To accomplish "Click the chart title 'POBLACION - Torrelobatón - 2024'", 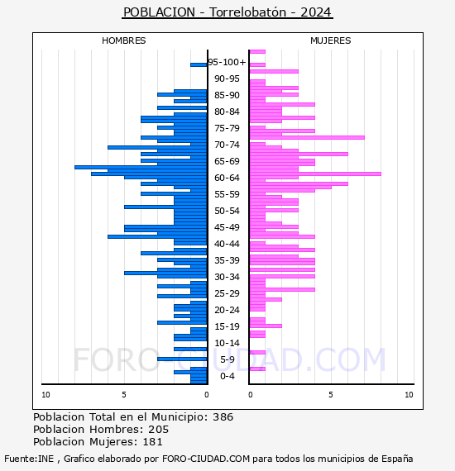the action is (x=227, y=12).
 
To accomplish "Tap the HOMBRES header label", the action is (x=123, y=40).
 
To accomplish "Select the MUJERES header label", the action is (x=331, y=40).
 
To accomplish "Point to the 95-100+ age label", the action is (x=227, y=62).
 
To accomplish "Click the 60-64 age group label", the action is (x=227, y=178).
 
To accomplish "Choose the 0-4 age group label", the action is (x=227, y=376).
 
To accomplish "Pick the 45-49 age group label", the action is (x=227, y=227).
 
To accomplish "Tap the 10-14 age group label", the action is (x=227, y=343).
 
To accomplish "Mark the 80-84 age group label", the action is (x=227, y=112).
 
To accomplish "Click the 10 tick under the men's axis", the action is (x=45, y=395).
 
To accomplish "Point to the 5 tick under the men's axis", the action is (x=124, y=395).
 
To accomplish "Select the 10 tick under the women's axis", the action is (x=409, y=395).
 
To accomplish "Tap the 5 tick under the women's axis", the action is (x=331, y=395).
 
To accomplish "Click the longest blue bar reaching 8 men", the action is (x=141, y=167).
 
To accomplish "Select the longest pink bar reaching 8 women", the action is (x=315, y=174).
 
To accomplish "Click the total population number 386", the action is (x=223, y=417).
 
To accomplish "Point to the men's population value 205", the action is (x=159, y=430).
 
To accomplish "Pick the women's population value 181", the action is (x=152, y=442).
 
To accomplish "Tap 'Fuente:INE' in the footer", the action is (x=29, y=459).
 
